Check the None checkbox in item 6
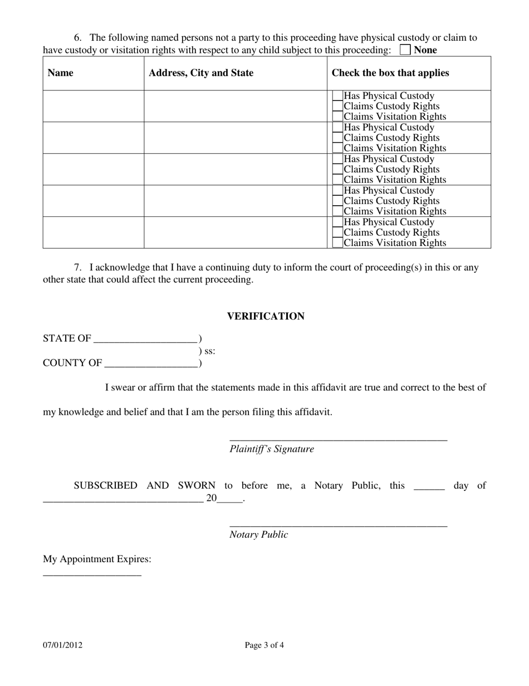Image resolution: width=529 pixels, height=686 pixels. click(405, 50)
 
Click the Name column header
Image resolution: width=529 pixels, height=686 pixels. click(60, 73)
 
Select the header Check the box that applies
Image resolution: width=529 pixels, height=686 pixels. click(390, 73)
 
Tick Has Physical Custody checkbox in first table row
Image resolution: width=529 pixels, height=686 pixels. click(337, 96)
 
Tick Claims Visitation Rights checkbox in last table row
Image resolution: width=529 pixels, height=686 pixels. click(337, 243)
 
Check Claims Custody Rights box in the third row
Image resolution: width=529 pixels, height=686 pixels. click(337, 170)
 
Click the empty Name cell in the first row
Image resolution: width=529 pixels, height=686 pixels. click(94, 106)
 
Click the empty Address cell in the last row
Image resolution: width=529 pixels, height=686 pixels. click(235, 233)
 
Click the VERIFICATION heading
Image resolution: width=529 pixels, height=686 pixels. click(266, 316)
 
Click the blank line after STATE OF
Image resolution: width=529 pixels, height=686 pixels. click(146, 339)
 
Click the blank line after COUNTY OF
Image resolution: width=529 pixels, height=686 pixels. click(151, 364)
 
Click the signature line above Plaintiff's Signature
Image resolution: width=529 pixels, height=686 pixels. click(338, 437)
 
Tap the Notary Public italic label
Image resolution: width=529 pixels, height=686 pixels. click(259, 535)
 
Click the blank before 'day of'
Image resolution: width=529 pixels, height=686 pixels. click(429, 486)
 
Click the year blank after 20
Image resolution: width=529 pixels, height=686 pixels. click(230, 499)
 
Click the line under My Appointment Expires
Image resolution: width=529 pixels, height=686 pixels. click(92, 573)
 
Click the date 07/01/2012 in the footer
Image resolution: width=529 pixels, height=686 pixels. click(63, 645)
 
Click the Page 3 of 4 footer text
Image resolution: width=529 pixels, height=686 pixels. click(264, 645)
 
